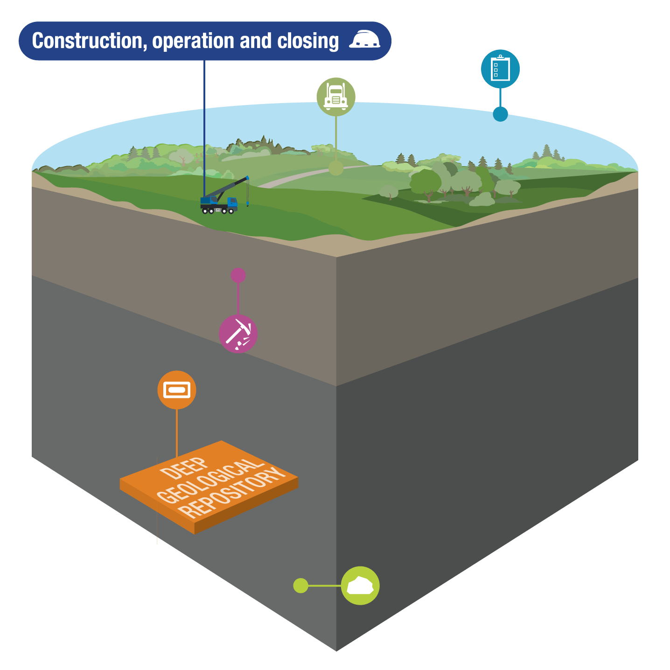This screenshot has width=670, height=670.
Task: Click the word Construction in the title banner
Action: (86, 41)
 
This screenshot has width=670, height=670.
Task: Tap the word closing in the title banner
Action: (308, 41)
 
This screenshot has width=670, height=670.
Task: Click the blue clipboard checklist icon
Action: (500, 69)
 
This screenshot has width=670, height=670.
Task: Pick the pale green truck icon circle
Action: (336, 97)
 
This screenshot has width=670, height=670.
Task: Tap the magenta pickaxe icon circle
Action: (238, 334)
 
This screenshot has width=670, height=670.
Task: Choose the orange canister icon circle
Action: (177, 390)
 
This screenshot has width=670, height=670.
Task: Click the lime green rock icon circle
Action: (360, 586)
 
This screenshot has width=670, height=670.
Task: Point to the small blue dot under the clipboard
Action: (500, 114)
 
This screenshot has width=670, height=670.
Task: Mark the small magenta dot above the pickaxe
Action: (238, 275)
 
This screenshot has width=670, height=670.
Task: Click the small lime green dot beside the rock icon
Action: (301, 586)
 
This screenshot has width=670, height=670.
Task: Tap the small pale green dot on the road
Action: (336, 168)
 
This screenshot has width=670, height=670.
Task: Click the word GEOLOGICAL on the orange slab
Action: (208, 481)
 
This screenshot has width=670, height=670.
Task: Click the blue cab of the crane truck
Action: (232, 202)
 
